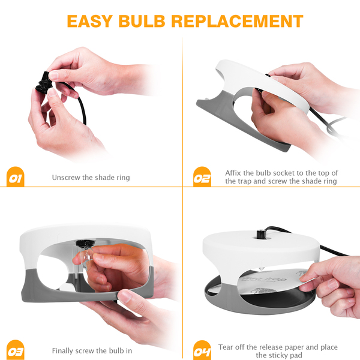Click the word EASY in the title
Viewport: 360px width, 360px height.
(x=90, y=22)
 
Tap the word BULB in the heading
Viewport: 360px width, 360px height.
(x=142, y=22)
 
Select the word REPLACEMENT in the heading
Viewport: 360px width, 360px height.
(x=238, y=22)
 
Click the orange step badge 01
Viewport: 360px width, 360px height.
(x=16, y=176)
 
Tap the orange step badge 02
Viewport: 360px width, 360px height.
(x=202, y=176)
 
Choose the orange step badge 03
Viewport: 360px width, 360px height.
(x=16, y=350)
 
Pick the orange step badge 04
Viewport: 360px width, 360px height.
(x=202, y=350)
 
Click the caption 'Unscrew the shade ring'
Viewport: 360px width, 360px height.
(x=91, y=178)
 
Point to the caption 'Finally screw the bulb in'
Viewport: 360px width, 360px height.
(x=92, y=351)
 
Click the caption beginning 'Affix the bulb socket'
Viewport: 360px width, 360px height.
(x=281, y=177)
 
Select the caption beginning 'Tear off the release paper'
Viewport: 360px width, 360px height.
(x=278, y=351)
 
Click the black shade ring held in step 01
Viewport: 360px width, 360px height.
(x=44, y=83)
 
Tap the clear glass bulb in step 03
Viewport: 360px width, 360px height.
(x=86, y=257)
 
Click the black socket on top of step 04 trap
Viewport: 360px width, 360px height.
(x=261, y=234)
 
